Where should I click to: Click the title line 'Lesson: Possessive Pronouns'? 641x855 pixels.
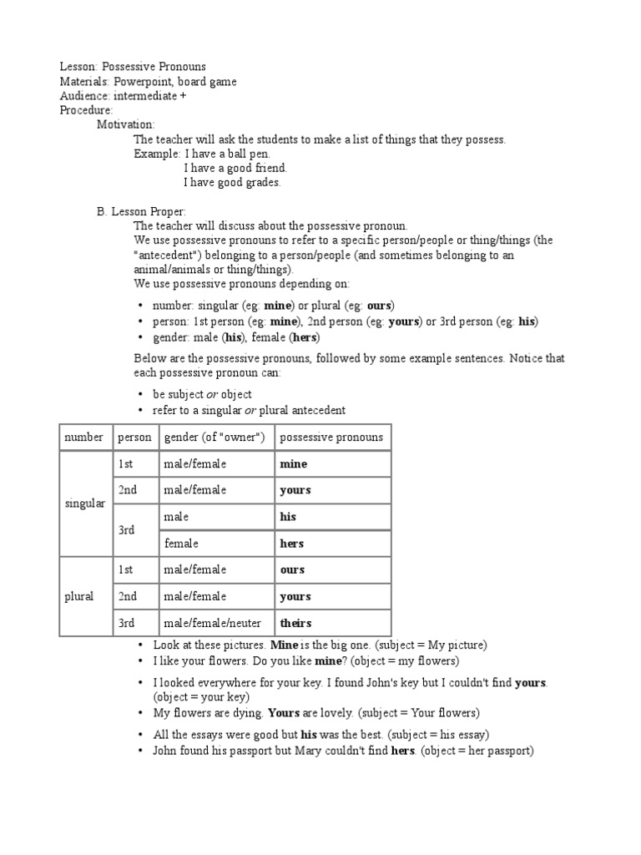click(133, 66)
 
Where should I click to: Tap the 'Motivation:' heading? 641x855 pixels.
click(126, 124)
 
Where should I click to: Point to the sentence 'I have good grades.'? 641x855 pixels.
click(232, 182)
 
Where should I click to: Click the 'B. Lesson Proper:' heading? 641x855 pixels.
click(142, 211)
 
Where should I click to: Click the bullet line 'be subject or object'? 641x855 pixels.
click(202, 394)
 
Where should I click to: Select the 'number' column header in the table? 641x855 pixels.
click(84, 437)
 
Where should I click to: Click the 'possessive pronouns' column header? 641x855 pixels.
click(331, 437)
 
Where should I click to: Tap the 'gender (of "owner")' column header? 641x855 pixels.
click(215, 437)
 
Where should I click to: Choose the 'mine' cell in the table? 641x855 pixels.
click(294, 463)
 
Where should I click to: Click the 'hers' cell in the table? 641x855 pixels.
click(292, 544)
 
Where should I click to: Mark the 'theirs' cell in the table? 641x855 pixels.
click(295, 623)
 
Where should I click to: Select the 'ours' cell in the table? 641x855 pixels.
click(292, 569)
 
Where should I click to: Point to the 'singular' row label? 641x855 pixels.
click(85, 503)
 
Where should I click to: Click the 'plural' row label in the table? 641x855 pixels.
click(79, 596)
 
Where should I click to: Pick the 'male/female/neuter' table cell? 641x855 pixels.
click(213, 623)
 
